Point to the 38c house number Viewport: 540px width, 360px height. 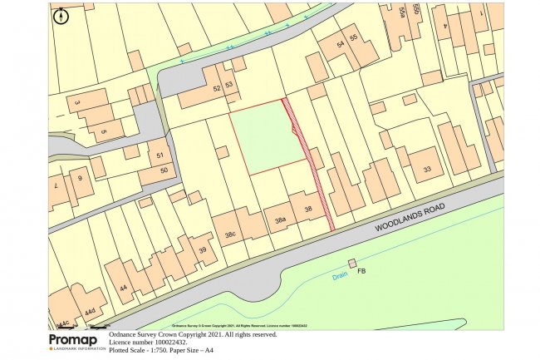coord(228,234)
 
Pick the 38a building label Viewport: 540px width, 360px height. coord(280,219)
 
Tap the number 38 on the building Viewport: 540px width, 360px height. coord(309,209)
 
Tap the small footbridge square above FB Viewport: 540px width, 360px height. coord(352,264)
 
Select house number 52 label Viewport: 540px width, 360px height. coord(218,86)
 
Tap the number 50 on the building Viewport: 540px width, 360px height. coord(164,170)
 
